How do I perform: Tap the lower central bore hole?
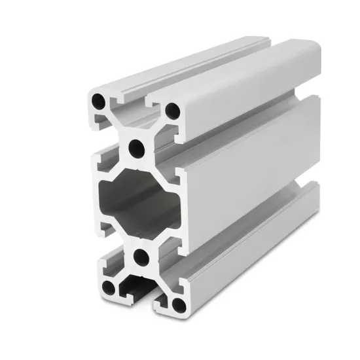coord(139,256)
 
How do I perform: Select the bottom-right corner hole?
coord(177,301)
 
